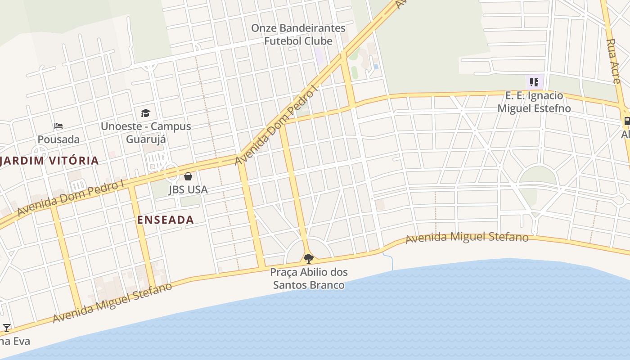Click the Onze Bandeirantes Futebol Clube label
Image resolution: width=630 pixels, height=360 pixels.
click(298, 35)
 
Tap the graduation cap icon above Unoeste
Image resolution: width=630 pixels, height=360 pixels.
click(145, 113)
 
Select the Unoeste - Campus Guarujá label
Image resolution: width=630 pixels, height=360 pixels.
click(146, 133)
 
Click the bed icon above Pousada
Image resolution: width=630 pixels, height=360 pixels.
click(58, 126)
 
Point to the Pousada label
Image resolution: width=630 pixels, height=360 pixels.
click(58, 139)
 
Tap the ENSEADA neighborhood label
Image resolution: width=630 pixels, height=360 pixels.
click(165, 220)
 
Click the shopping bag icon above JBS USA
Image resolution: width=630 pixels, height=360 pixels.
click(188, 176)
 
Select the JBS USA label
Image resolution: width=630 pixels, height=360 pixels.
click(188, 189)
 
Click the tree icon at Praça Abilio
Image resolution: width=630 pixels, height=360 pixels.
click(308, 258)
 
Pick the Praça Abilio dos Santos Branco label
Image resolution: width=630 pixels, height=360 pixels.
click(309, 279)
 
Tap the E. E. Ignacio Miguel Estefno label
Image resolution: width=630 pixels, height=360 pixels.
click(534, 102)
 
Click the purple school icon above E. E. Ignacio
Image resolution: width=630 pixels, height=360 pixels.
click(534, 82)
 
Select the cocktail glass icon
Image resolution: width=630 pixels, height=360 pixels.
click(7, 328)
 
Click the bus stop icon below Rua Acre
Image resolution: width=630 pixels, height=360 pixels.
click(626, 121)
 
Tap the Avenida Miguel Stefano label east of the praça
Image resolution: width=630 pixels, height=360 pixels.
click(467, 237)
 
